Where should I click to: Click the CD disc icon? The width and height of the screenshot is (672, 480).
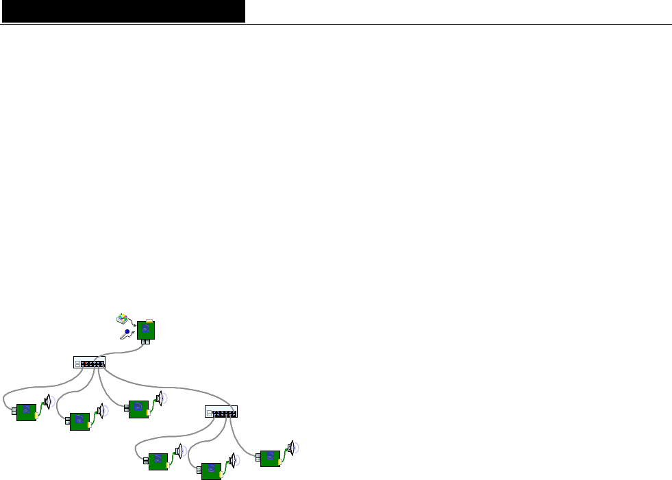(122, 318)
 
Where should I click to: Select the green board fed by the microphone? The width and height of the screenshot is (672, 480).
(146, 330)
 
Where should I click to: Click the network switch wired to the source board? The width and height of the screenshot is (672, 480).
(89, 362)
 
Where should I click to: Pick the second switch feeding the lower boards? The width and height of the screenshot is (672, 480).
(221, 412)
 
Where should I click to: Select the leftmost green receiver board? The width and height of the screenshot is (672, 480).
(26, 412)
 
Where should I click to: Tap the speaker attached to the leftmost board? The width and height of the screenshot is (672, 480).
(47, 402)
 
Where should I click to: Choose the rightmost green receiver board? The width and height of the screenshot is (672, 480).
(270, 458)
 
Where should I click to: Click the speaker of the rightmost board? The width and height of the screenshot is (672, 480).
(291, 448)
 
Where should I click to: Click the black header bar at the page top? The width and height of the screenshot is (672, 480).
(123, 11)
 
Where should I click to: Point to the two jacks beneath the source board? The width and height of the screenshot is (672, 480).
(145, 342)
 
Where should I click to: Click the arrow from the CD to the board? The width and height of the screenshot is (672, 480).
(132, 323)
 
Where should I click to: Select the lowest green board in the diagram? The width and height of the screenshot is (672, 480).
(211, 469)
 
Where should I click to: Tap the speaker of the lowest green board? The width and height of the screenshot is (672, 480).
(232, 460)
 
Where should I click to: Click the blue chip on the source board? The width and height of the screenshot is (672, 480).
(145, 330)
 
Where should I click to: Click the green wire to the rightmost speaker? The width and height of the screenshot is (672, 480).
(283, 453)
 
